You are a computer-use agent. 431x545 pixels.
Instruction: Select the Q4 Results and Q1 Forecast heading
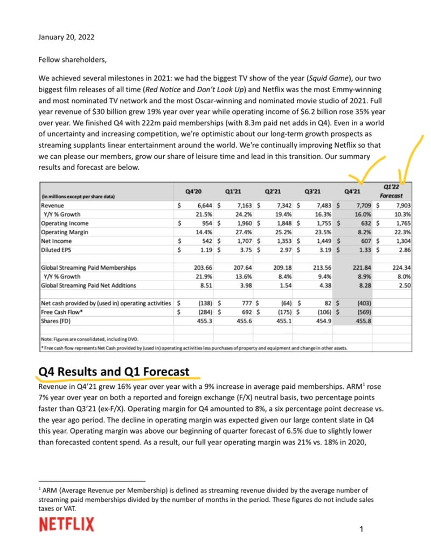tap(114, 372)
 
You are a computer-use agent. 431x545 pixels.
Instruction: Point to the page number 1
tap(362, 530)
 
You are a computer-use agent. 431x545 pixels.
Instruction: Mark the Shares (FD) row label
tap(58, 321)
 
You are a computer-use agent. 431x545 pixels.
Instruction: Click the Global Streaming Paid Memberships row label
tap(88, 268)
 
